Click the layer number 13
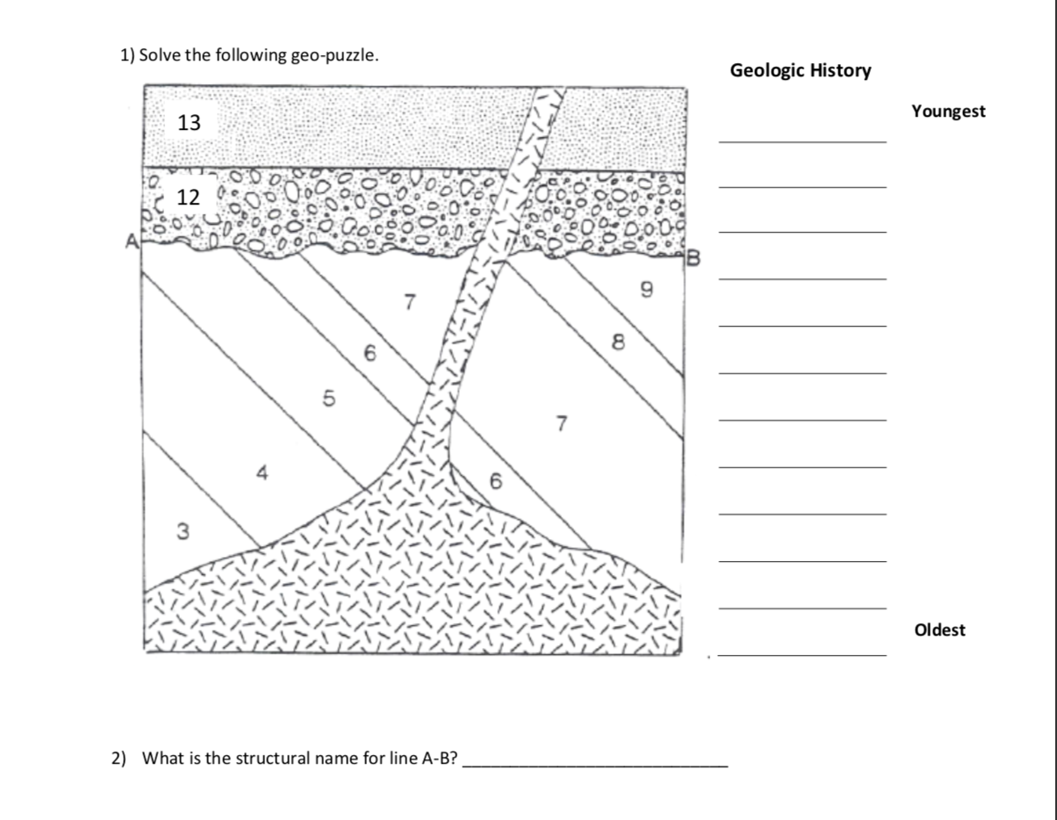coord(189,123)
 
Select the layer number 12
coord(189,197)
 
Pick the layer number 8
coord(620,343)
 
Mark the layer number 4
coord(261,473)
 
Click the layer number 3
coord(183,530)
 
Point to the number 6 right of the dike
coord(496,481)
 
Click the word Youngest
coord(948,111)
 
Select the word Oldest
coord(939,629)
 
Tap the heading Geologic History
coord(800,70)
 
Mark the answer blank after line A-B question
coord(595,766)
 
